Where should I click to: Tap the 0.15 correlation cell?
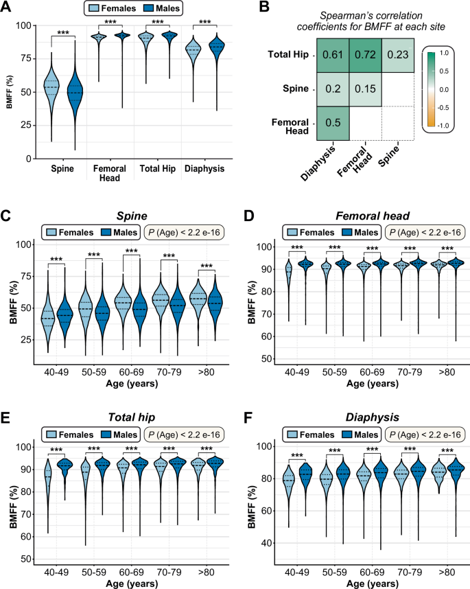(x=366, y=89)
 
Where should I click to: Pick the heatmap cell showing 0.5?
(x=333, y=122)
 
